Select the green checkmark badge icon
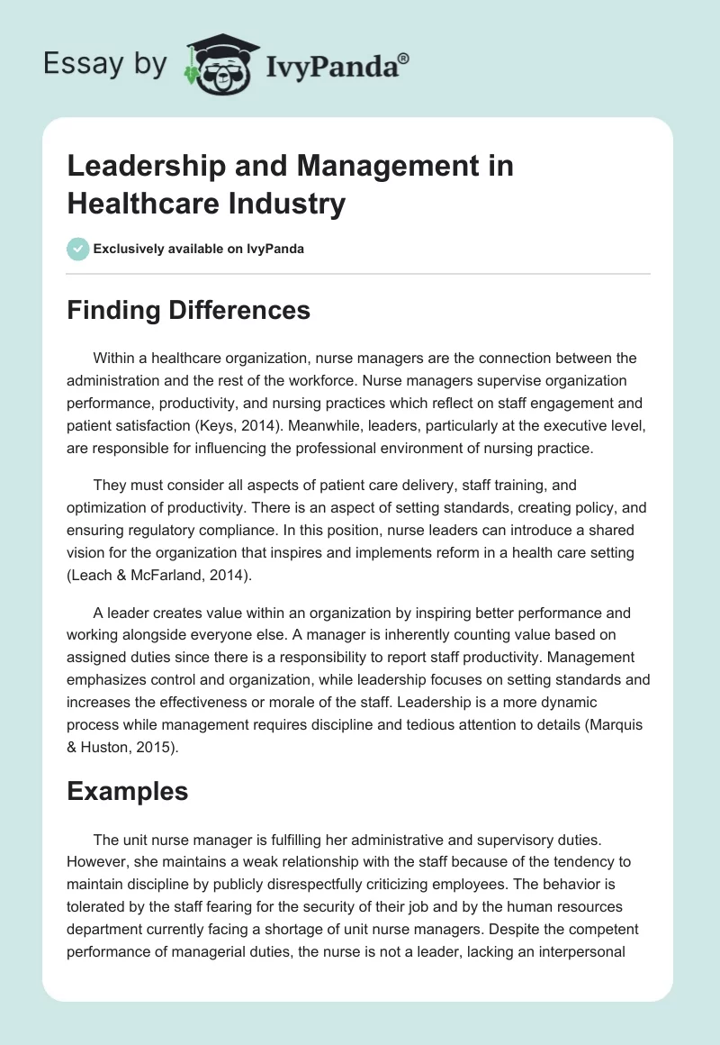78,249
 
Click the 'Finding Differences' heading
188,310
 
